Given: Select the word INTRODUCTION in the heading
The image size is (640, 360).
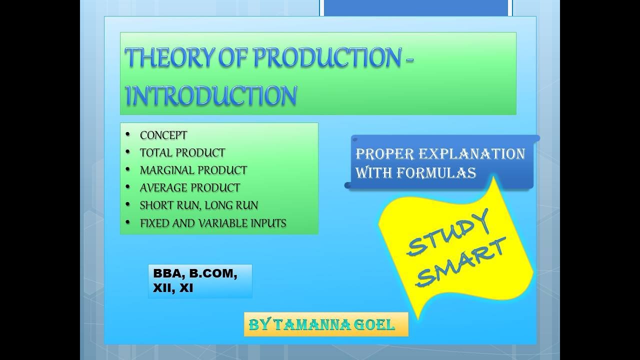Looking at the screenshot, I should tap(210, 95).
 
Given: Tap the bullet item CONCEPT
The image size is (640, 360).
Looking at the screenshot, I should tap(163, 135).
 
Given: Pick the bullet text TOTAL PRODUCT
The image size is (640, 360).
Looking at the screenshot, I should tap(182, 153).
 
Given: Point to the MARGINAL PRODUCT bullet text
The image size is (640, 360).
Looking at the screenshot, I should tap(193, 170).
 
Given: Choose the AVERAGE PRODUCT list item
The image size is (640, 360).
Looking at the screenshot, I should tap(190, 188).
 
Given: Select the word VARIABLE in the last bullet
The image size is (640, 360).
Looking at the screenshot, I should tap(222, 223).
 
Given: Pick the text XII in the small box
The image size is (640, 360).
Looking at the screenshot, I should tap(161, 288).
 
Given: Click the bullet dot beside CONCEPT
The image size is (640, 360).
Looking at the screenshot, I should tap(128, 135).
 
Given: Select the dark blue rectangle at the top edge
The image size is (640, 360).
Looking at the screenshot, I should tap(416, 7).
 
